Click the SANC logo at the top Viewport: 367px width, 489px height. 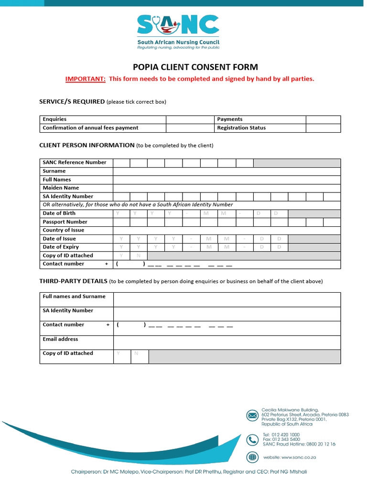(x=178, y=32)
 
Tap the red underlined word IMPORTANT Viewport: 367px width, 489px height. (x=86, y=79)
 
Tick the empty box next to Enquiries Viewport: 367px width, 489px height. (x=189, y=119)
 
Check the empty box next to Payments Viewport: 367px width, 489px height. (x=323, y=119)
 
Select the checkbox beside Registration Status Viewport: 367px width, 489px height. (x=323, y=128)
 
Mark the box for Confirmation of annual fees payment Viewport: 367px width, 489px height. (x=189, y=128)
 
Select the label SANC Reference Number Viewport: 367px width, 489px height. (x=75, y=162)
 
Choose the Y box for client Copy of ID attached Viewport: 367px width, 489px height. (x=121, y=255)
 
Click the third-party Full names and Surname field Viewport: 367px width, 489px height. (x=227, y=299)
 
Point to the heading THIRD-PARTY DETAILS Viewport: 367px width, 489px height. (x=73, y=281)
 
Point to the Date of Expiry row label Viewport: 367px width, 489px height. (x=61, y=247)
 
